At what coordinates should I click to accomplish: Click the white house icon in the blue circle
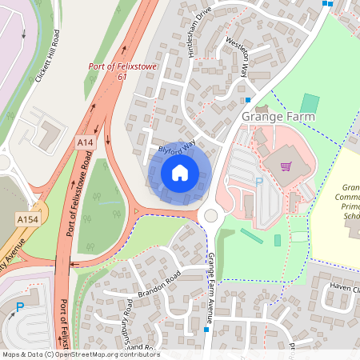click(180, 172)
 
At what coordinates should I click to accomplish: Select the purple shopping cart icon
click(286, 166)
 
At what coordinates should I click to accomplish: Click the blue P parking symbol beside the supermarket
click(258, 182)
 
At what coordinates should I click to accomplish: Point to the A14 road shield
click(85, 142)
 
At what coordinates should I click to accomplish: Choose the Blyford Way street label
click(177, 149)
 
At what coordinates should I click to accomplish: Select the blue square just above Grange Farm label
click(248, 100)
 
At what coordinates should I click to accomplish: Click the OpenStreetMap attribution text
click(80, 354)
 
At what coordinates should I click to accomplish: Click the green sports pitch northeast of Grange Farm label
click(310, 104)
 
